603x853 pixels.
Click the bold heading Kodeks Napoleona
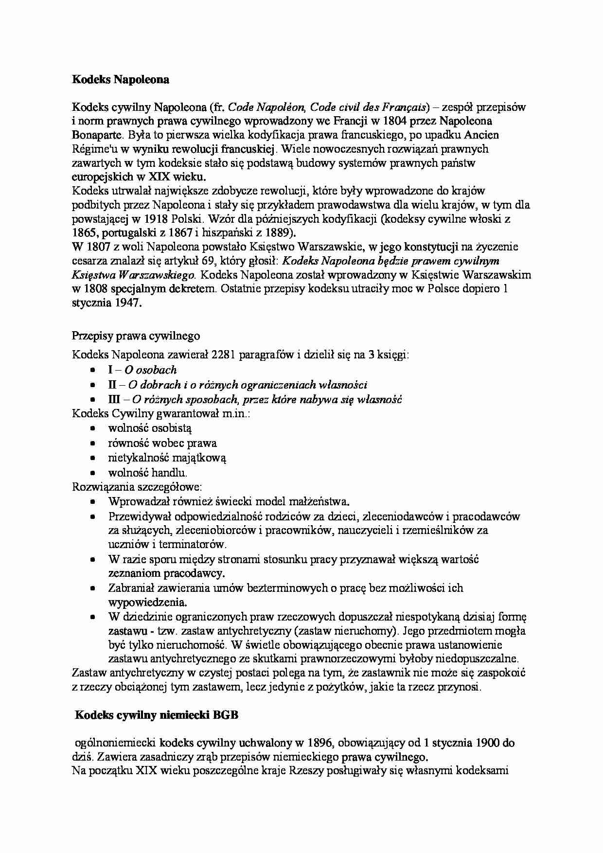pos(121,80)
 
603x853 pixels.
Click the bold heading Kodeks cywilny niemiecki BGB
pos(157,715)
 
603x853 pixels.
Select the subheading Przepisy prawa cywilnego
pos(136,336)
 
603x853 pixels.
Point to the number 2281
pos(224,355)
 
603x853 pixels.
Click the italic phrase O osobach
pos(151,370)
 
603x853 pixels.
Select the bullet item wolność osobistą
pos(150,428)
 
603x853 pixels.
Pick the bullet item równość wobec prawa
pos(162,443)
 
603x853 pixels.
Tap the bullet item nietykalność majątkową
pos(167,458)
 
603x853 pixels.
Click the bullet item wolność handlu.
pos(148,472)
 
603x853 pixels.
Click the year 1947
pos(128,303)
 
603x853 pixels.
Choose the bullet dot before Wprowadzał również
pos(93,502)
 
